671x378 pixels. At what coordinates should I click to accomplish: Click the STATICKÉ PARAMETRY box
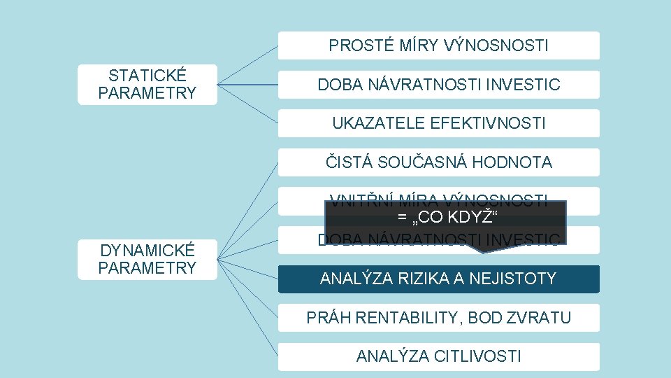[x=147, y=84]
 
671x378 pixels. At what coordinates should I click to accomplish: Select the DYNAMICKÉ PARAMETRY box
[x=147, y=259]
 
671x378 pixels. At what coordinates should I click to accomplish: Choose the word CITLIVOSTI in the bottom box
[x=479, y=356]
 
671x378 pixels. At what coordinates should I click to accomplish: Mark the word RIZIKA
[x=426, y=279]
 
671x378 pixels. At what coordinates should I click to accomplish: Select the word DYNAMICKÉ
[x=147, y=251]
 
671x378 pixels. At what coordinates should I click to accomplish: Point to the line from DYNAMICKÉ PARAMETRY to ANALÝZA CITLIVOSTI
[x=247, y=308]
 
